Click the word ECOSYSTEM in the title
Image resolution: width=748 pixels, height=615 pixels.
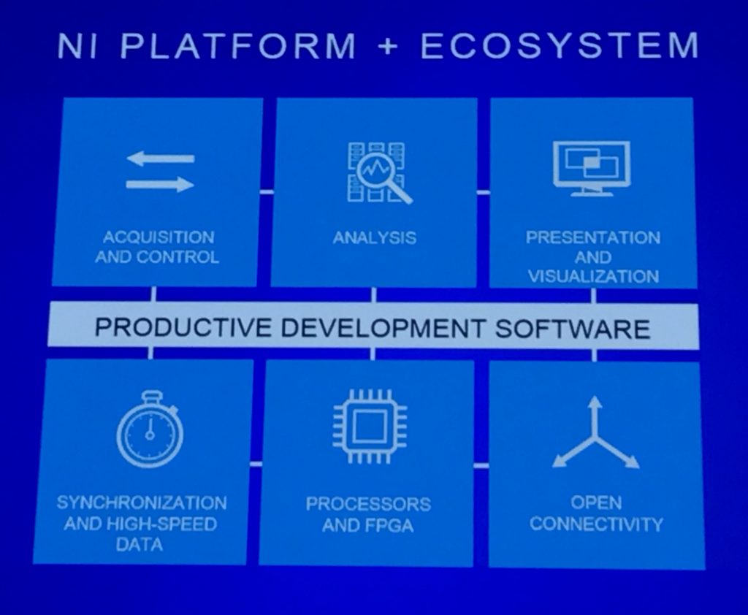pyautogui.click(x=558, y=45)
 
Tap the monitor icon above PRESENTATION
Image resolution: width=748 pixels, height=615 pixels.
pyautogui.click(x=591, y=168)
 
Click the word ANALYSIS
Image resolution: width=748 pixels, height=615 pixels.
pyautogui.click(x=375, y=237)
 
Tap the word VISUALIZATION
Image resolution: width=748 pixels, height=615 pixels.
pyautogui.click(x=593, y=276)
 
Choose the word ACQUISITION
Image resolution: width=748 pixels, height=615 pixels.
pyautogui.click(x=159, y=237)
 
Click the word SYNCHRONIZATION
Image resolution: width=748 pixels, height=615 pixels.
pyautogui.click(x=142, y=503)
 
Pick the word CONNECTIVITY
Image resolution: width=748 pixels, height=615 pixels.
pyautogui.click(x=596, y=524)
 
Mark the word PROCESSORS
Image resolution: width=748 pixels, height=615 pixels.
pyautogui.click(x=368, y=504)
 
